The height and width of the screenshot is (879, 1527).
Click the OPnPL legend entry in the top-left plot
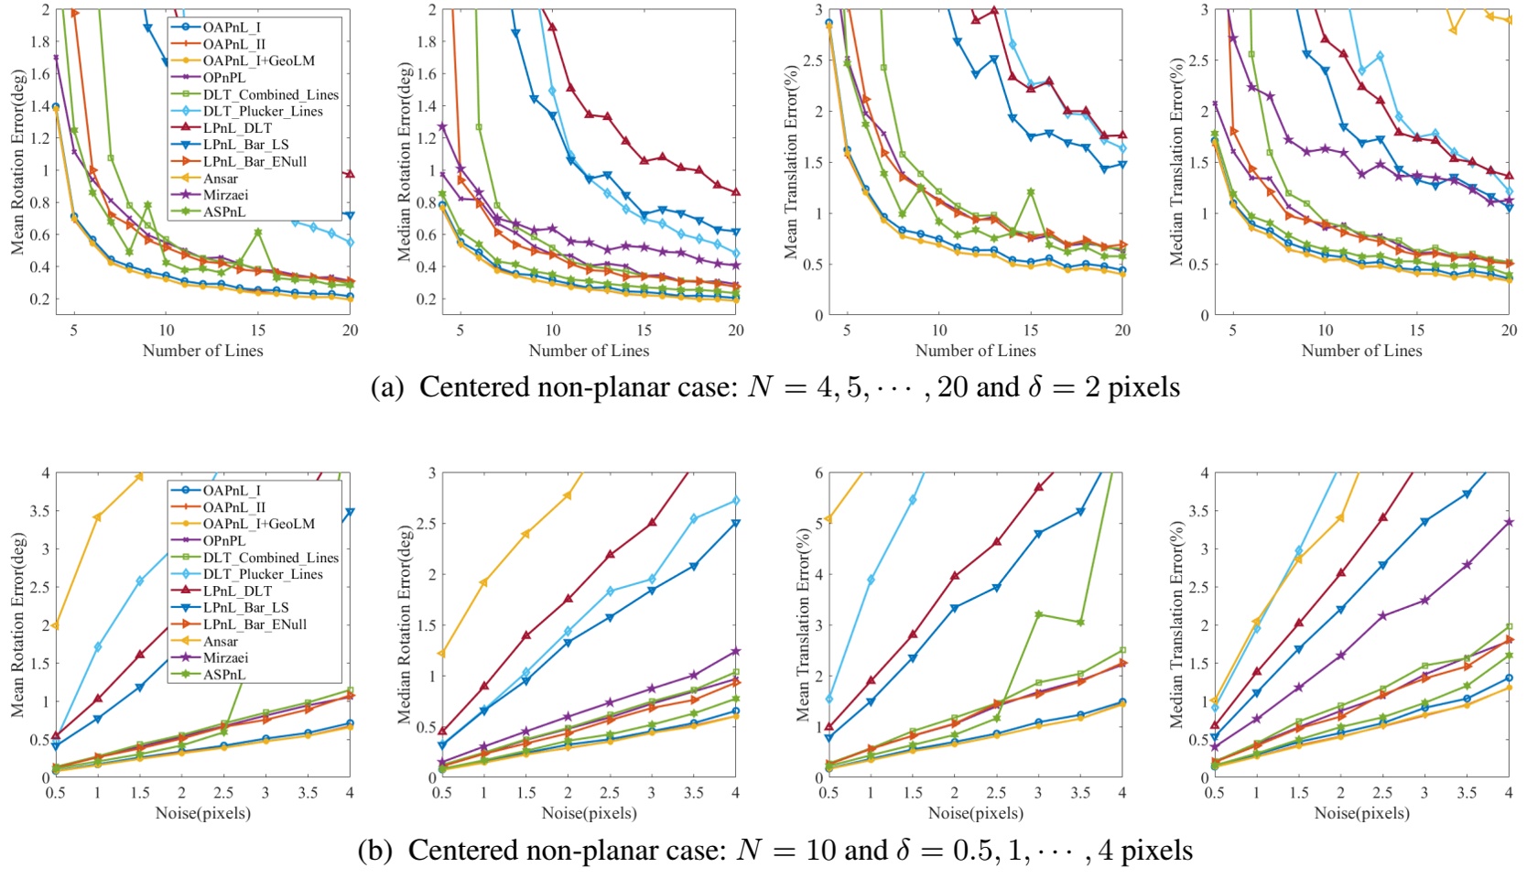pyautogui.click(x=224, y=78)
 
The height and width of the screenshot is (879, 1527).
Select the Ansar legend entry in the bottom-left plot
pyautogui.click(x=221, y=641)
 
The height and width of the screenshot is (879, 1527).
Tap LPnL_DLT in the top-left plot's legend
pyautogui.click(x=237, y=128)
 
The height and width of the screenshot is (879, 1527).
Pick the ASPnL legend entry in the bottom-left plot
pyautogui.click(x=224, y=675)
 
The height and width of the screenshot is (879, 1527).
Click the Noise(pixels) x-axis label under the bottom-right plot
pyautogui.click(x=1361, y=813)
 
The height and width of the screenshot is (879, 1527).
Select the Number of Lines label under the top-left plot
pyautogui.click(x=202, y=351)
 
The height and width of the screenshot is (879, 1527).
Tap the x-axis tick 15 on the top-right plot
pyautogui.click(x=1417, y=331)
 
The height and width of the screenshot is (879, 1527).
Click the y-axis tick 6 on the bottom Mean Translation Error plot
pyautogui.click(x=818, y=473)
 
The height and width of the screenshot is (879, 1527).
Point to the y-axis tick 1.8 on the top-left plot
pyautogui.click(x=39, y=42)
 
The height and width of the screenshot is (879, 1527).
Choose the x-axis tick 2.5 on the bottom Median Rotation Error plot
pyautogui.click(x=609, y=793)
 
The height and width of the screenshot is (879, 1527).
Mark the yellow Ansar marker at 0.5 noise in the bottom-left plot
pyautogui.click(x=56, y=625)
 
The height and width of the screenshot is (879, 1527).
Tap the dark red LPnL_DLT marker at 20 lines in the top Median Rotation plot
pyautogui.click(x=735, y=192)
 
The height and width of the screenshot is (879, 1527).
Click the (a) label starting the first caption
pyautogui.click(x=386, y=388)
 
